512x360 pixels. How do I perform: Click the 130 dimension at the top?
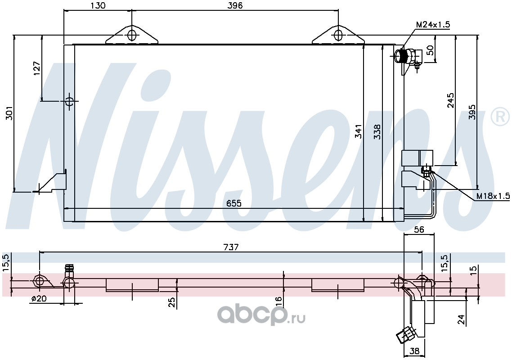point(98,5)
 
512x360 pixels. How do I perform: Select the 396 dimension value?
point(235,5)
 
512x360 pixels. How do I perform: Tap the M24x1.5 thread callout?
point(433,24)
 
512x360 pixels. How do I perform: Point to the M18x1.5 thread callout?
point(493,196)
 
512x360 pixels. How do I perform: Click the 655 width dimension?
point(234,203)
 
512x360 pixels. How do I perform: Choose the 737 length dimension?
point(231,247)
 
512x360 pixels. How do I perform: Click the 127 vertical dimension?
point(36,68)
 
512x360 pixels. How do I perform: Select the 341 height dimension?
point(358,131)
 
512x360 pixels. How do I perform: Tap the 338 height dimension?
point(377,131)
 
